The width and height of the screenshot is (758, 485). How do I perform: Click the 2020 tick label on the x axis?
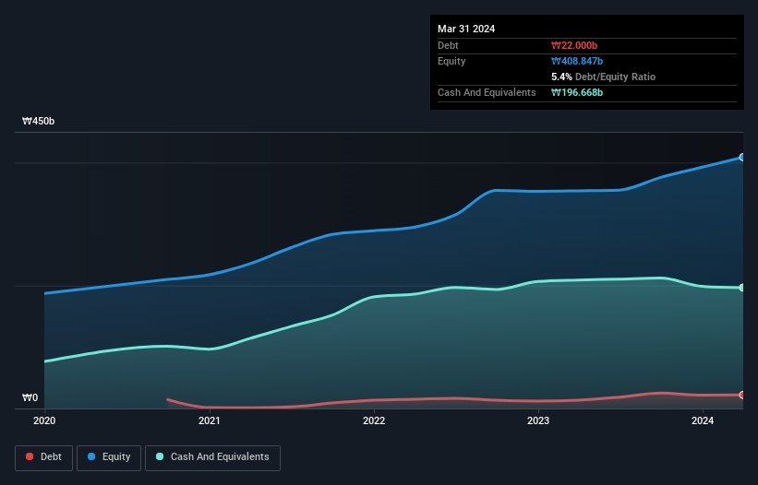pos(44,421)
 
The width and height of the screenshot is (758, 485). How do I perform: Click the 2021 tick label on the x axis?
pos(210,421)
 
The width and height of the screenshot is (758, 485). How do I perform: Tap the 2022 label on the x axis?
pos(374,421)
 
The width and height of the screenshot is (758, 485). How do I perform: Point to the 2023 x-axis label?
pos(538,421)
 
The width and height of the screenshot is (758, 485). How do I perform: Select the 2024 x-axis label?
pos(703,421)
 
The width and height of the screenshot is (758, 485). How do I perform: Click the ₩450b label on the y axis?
pos(39,122)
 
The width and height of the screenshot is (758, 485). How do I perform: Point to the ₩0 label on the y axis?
pos(30,398)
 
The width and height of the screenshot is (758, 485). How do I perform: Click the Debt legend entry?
pos(42,457)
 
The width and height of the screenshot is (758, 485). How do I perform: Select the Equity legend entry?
pos(108,457)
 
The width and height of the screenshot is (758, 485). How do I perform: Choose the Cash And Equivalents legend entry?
pos(212,457)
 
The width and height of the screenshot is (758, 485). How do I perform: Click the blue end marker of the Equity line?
pos(741,158)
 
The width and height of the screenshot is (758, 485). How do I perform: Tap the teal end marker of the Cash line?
pos(741,288)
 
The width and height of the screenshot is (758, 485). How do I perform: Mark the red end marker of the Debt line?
pos(741,395)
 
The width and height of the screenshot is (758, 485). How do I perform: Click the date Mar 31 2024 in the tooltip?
pos(466,29)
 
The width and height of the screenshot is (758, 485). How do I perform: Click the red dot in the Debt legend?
pos(30,457)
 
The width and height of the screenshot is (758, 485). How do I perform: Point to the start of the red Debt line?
pos(167,399)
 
